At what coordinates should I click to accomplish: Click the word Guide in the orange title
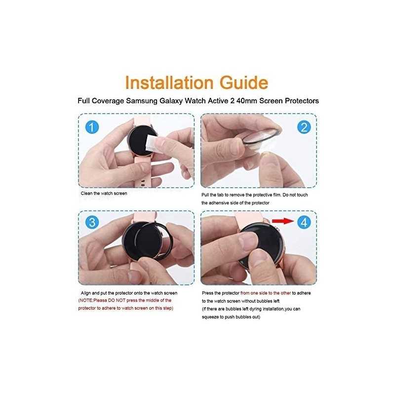(244, 82)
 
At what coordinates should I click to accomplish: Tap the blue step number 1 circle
(92, 127)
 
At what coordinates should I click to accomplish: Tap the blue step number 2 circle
(304, 127)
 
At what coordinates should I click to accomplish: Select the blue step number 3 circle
(92, 222)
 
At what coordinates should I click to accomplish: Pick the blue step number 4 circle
(304, 222)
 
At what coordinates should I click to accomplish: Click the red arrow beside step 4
(283, 221)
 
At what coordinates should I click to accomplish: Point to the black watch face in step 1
(140, 140)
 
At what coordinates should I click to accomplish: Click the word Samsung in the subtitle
(142, 101)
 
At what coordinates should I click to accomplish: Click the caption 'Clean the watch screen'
(104, 194)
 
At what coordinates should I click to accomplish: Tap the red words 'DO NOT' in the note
(117, 300)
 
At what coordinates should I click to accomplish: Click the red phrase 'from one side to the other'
(266, 293)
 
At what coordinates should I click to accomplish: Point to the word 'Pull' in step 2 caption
(205, 195)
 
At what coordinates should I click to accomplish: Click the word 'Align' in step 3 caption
(85, 293)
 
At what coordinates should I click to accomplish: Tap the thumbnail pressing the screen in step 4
(249, 240)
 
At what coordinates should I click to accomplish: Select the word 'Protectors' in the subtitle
(302, 101)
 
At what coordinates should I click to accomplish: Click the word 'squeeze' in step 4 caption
(210, 317)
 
